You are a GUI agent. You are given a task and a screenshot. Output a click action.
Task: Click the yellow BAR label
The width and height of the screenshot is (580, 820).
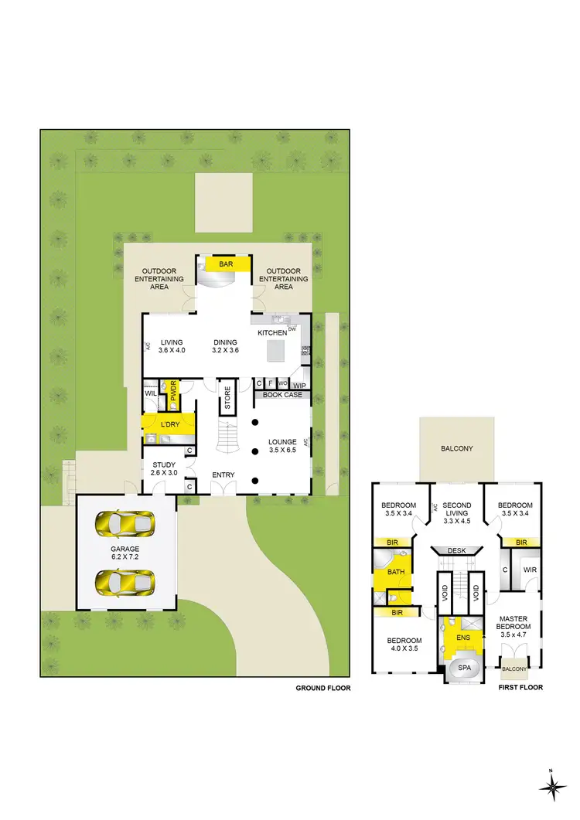click(x=226, y=264)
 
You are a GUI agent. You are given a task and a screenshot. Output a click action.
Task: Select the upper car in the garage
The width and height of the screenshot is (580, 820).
click(x=125, y=526)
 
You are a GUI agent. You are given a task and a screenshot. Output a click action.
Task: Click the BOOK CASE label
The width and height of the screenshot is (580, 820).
click(x=282, y=395)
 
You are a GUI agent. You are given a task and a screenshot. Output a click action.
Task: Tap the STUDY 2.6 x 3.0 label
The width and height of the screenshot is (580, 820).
click(x=164, y=468)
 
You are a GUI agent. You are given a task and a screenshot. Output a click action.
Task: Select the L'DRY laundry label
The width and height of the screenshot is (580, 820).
click(x=170, y=425)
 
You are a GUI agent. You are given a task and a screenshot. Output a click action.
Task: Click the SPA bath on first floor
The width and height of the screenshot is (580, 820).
click(x=464, y=668)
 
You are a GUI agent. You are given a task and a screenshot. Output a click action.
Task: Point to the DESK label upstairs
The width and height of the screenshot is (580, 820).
click(x=456, y=551)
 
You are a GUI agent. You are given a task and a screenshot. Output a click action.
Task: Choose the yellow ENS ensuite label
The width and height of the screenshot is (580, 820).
click(x=463, y=638)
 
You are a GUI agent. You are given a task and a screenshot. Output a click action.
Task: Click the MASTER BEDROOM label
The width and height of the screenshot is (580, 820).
click(x=513, y=624)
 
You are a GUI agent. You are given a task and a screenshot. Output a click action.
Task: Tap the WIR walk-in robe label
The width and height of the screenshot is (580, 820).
click(x=530, y=570)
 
